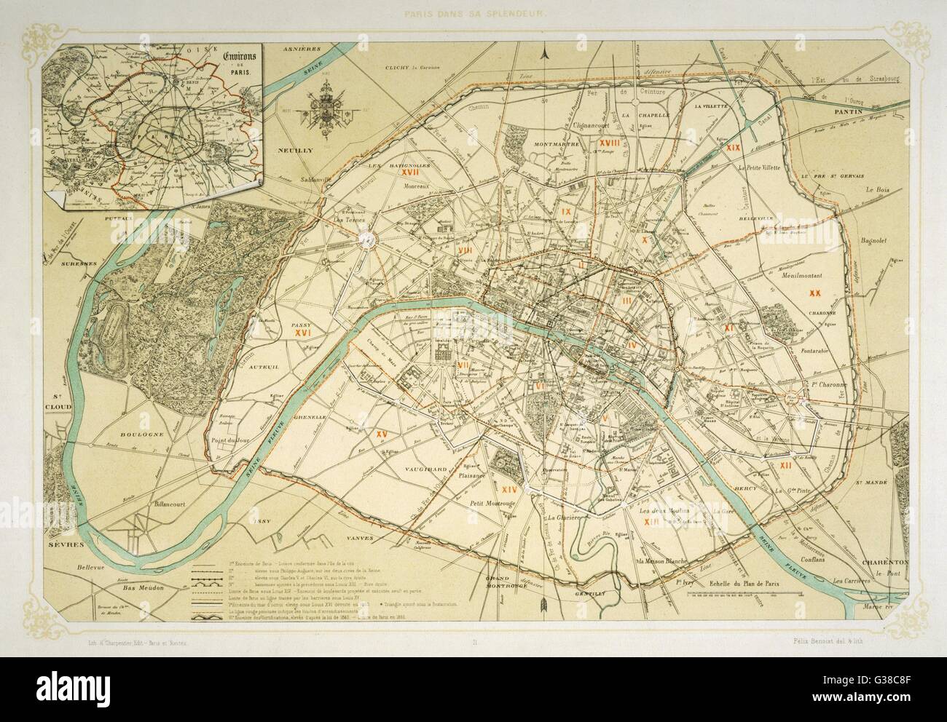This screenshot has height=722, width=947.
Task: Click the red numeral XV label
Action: click(x=380, y=434)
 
